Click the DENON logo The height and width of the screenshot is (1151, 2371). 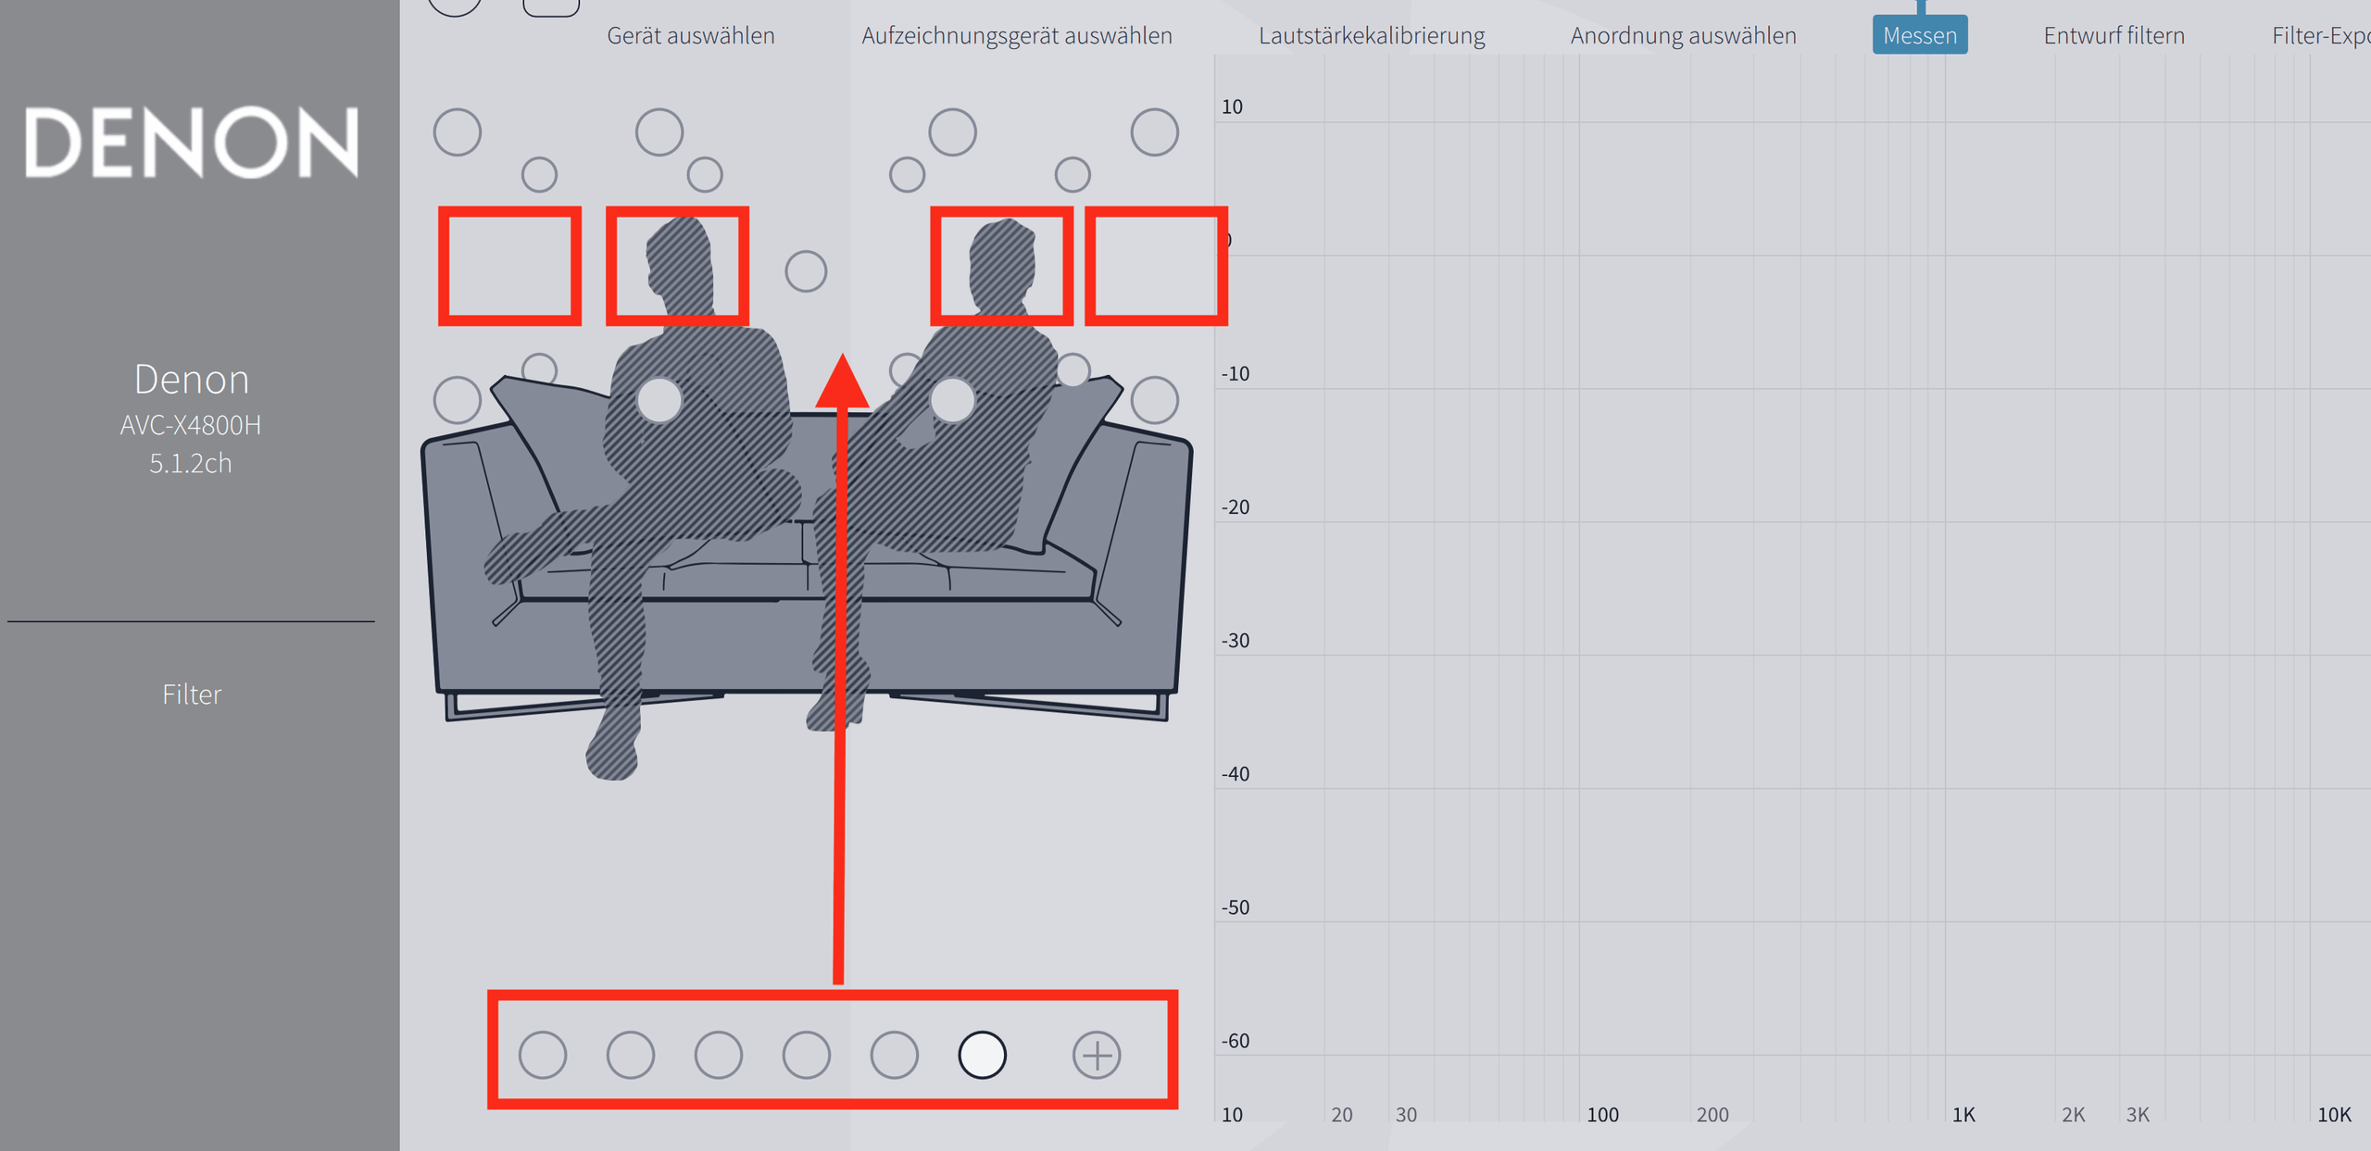tap(191, 142)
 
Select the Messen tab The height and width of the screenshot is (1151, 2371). tap(1919, 35)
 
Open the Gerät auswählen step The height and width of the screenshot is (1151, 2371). tap(691, 35)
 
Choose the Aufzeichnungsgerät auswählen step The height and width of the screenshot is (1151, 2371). tap(1017, 35)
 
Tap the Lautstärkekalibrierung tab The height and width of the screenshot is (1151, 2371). tap(1372, 35)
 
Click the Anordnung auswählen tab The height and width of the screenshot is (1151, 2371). tap(1683, 35)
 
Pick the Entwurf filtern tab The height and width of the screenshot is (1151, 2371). tap(2114, 35)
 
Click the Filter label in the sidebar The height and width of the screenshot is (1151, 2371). tap(192, 694)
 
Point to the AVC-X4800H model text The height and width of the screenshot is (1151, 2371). tap(191, 425)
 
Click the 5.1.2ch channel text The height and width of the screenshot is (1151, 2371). tap(191, 463)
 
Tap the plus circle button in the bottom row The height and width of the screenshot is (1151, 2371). tap(1097, 1055)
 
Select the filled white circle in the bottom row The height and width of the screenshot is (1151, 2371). tap(982, 1055)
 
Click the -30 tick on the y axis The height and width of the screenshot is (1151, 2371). tap(1236, 640)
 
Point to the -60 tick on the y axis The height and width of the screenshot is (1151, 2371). tap(1236, 1040)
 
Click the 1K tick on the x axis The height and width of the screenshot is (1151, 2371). tap(1963, 1114)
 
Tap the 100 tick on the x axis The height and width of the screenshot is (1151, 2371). tap(1603, 1114)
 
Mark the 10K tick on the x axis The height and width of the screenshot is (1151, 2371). tap(2334, 1114)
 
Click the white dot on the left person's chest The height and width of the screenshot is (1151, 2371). tap(659, 400)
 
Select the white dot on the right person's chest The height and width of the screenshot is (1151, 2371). tap(953, 400)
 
